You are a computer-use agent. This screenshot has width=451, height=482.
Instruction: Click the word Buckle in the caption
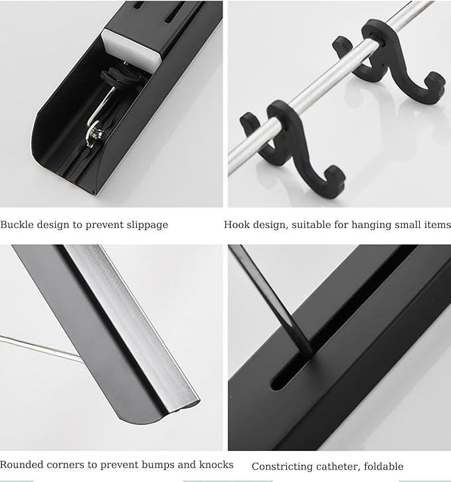[x=17, y=224]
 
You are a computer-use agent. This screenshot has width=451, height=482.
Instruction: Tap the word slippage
[x=147, y=225]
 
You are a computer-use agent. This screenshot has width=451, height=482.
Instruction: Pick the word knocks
[x=216, y=464]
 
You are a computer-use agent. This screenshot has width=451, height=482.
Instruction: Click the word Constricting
[x=282, y=467]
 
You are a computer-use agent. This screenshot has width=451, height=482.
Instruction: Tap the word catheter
[x=339, y=467]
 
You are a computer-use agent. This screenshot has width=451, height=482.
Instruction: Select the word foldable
[x=383, y=466]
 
